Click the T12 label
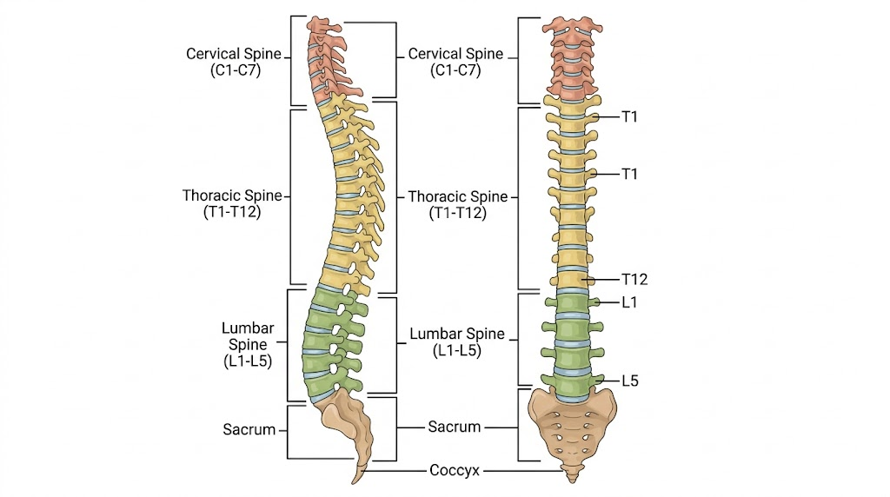(634, 279)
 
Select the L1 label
(629, 302)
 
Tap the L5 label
(630, 381)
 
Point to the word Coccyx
(454, 470)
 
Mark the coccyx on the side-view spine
(359, 473)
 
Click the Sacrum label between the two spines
(454, 427)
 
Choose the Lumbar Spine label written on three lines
(248, 344)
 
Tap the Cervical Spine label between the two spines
(455, 62)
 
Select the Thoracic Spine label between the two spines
(457, 205)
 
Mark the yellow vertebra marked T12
(572, 280)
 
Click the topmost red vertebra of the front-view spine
(572, 27)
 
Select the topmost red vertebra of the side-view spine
(322, 25)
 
